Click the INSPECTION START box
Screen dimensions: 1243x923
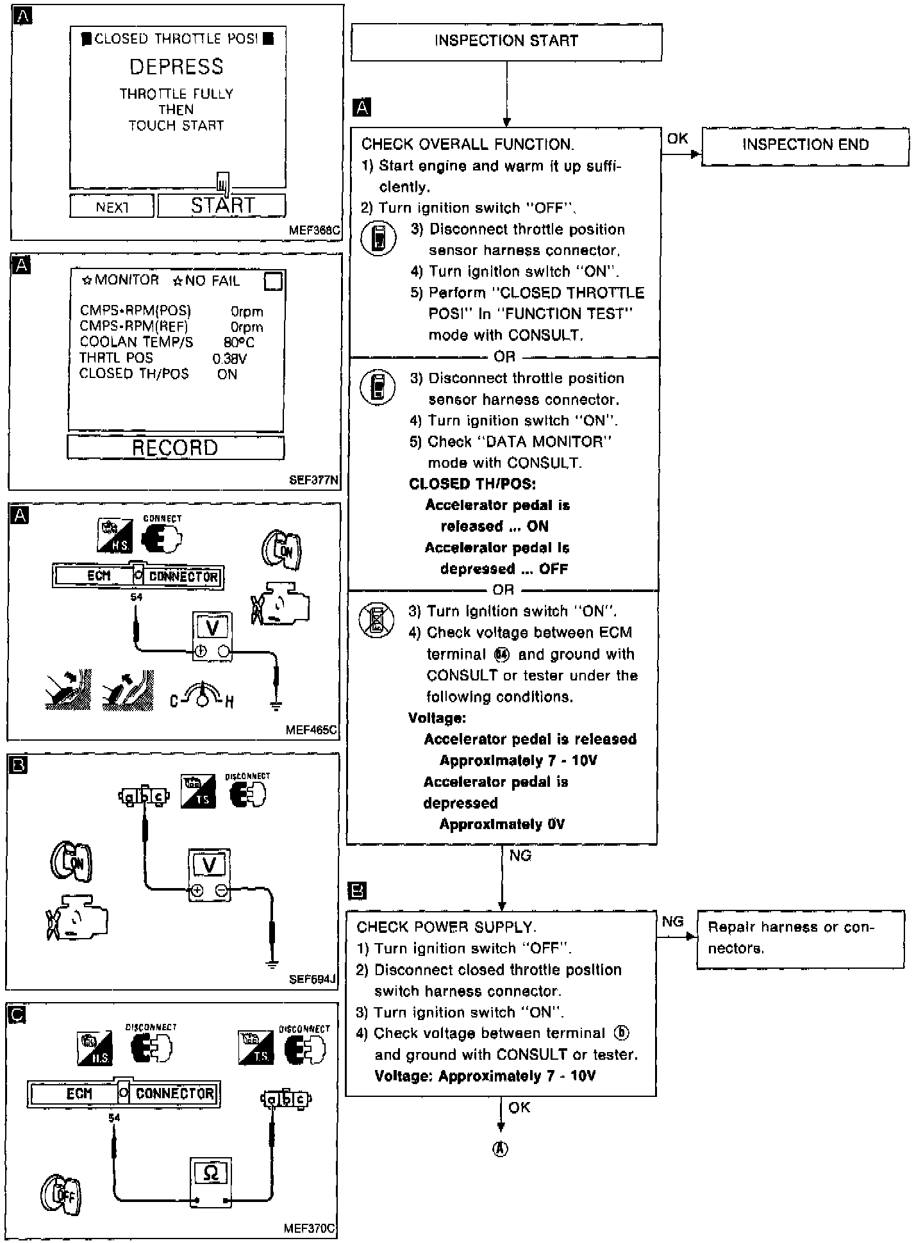pyautogui.click(x=506, y=42)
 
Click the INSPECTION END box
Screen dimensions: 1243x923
pyautogui.click(x=805, y=145)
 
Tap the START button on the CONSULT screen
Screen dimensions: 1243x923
pyautogui.click(x=222, y=206)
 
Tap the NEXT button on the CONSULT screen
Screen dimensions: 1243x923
pyautogui.click(x=112, y=207)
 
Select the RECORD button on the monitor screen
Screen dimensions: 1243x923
pyautogui.click(x=175, y=447)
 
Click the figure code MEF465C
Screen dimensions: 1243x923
pyautogui.click(x=312, y=729)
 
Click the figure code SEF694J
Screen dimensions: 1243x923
pyautogui.click(x=312, y=979)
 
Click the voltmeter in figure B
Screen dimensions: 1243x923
pyautogui.click(x=210, y=875)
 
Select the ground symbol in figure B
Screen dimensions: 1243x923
pyautogui.click(x=272, y=963)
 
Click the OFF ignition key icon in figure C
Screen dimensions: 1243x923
pyautogui.click(x=62, y=1194)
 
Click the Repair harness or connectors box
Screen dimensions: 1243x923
pyautogui.click(x=800, y=938)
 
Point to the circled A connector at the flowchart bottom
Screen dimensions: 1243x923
pyautogui.click(x=500, y=1149)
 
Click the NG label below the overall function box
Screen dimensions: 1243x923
pyautogui.click(x=520, y=855)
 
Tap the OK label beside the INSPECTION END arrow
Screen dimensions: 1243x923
pyautogui.click(x=678, y=138)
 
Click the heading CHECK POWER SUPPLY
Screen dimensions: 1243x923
pyautogui.click(x=446, y=926)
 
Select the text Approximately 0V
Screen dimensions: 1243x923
pyautogui.click(x=502, y=824)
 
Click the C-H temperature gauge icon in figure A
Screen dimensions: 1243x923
pyautogui.click(x=202, y=697)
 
